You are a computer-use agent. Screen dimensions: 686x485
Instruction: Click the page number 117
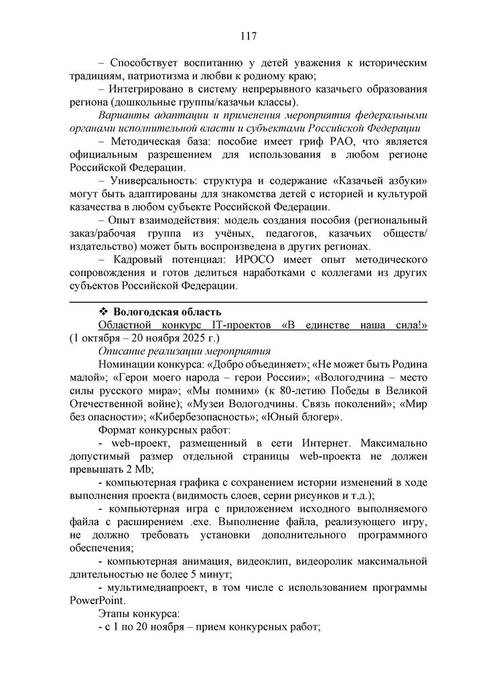point(242,36)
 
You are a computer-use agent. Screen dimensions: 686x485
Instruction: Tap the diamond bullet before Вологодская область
point(104,312)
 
